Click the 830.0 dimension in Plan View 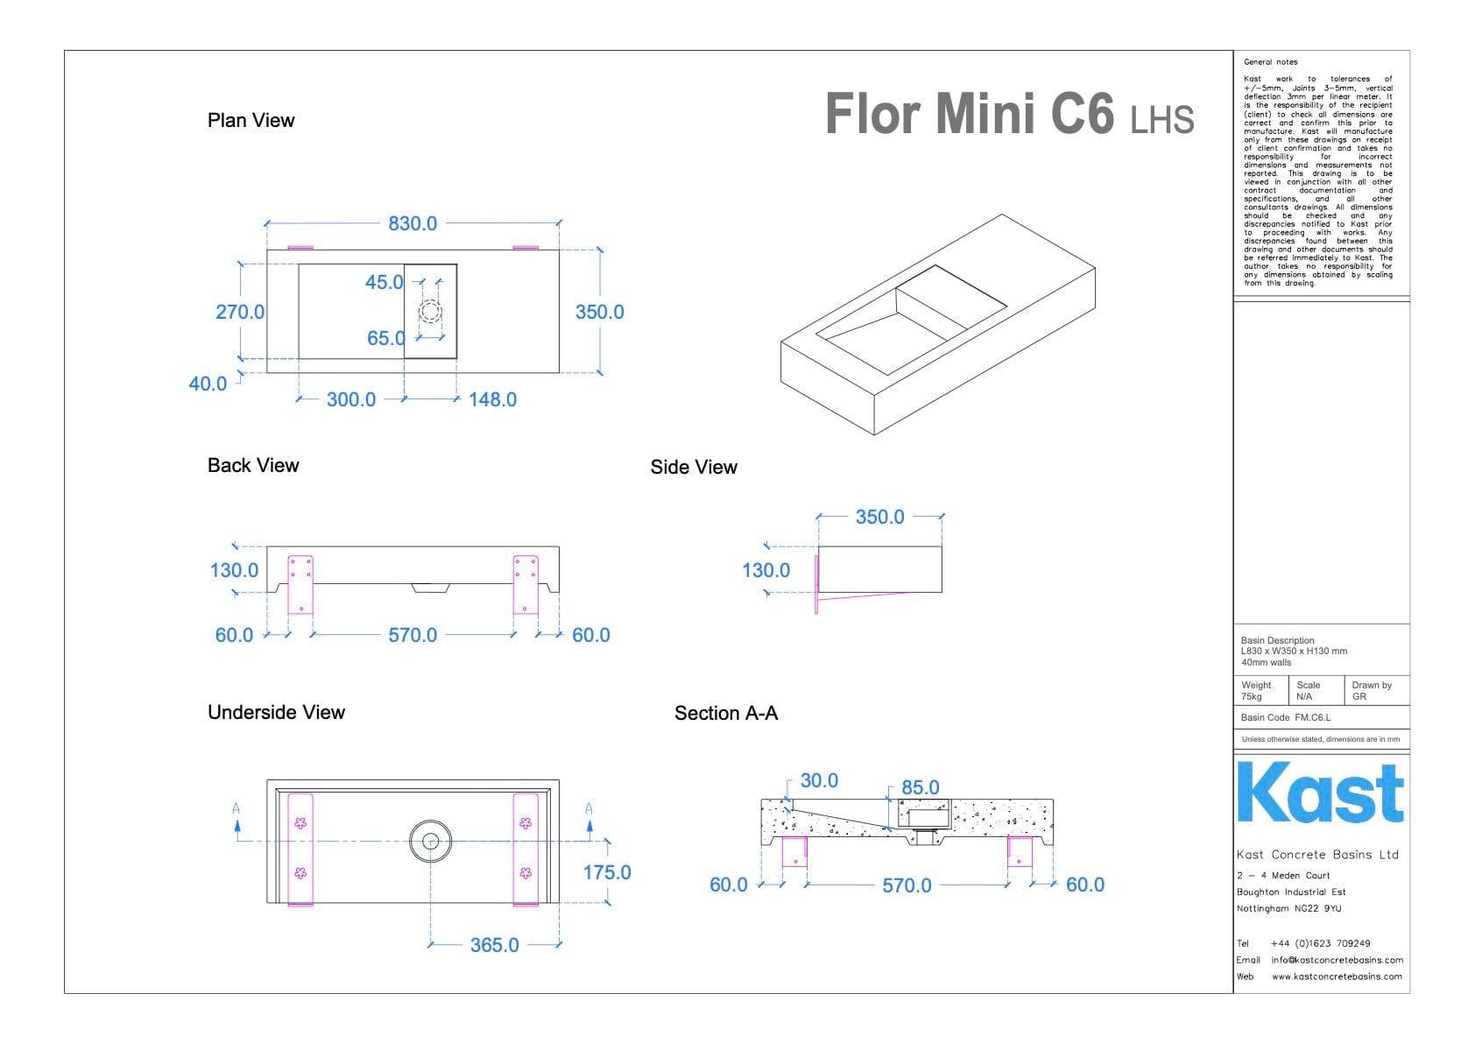pyautogui.click(x=413, y=223)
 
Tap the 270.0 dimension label pyautogui.click(x=240, y=312)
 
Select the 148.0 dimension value pyautogui.click(x=492, y=399)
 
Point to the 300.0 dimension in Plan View pyautogui.click(x=351, y=399)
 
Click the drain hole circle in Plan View pyautogui.click(x=430, y=311)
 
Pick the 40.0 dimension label pyautogui.click(x=208, y=384)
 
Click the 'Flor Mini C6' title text pyautogui.click(x=970, y=115)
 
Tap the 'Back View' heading pyautogui.click(x=253, y=465)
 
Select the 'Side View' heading pyautogui.click(x=694, y=467)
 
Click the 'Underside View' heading pyautogui.click(x=276, y=712)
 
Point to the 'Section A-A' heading pyautogui.click(x=726, y=713)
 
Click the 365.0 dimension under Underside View pyautogui.click(x=494, y=945)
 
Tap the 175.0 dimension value pyautogui.click(x=607, y=872)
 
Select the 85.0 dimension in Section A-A pyautogui.click(x=920, y=787)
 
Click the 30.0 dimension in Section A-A pyautogui.click(x=819, y=780)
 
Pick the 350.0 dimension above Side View pyautogui.click(x=879, y=517)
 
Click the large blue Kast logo pyautogui.click(x=1320, y=793)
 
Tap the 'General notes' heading pyautogui.click(x=1270, y=62)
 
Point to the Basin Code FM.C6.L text pyautogui.click(x=1285, y=717)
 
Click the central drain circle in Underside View pyautogui.click(x=430, y=842)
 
